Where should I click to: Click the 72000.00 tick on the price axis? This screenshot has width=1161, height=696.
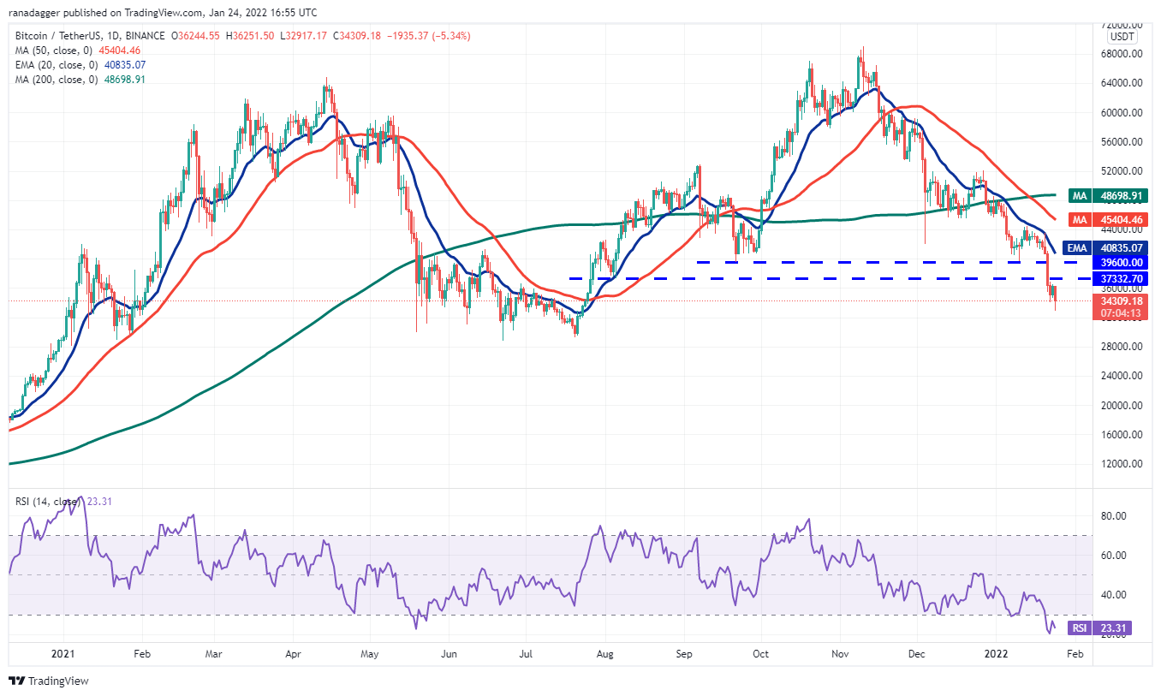(x=1122, y=25)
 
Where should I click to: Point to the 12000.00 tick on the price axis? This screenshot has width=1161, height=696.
(x=1122, y=463)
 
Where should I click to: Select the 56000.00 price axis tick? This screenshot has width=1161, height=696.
(x=1122, y=141)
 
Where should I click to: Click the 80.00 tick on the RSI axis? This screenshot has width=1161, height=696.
(x=1112, y=516)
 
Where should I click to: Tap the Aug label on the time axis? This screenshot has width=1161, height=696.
(x=605, y=653)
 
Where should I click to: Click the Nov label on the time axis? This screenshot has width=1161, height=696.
(x=839, y=653)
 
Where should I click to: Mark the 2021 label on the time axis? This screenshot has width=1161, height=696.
(x=63, y=653)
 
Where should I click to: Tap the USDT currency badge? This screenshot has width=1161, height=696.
(x=1122, y=38)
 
